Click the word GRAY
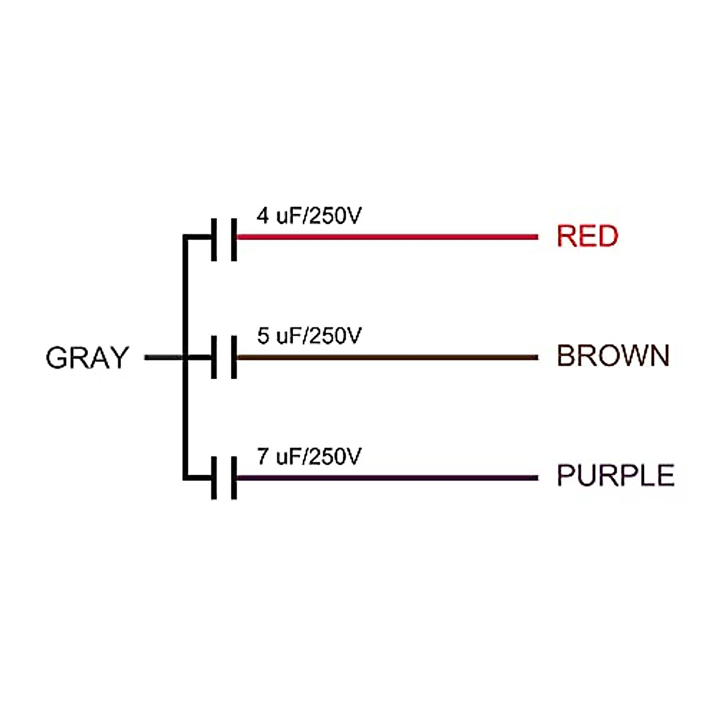coord(87,358)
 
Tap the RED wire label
coord(587,236)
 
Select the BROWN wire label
coord(613,356)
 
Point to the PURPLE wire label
coord(615,476)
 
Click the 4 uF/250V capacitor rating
coord(309,216)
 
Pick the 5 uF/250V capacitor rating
coord(309,336)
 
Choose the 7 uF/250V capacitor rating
coord(309,456)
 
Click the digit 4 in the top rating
coord(262,216)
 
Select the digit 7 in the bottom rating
coord(262,456)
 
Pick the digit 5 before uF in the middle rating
coord(263,336)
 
